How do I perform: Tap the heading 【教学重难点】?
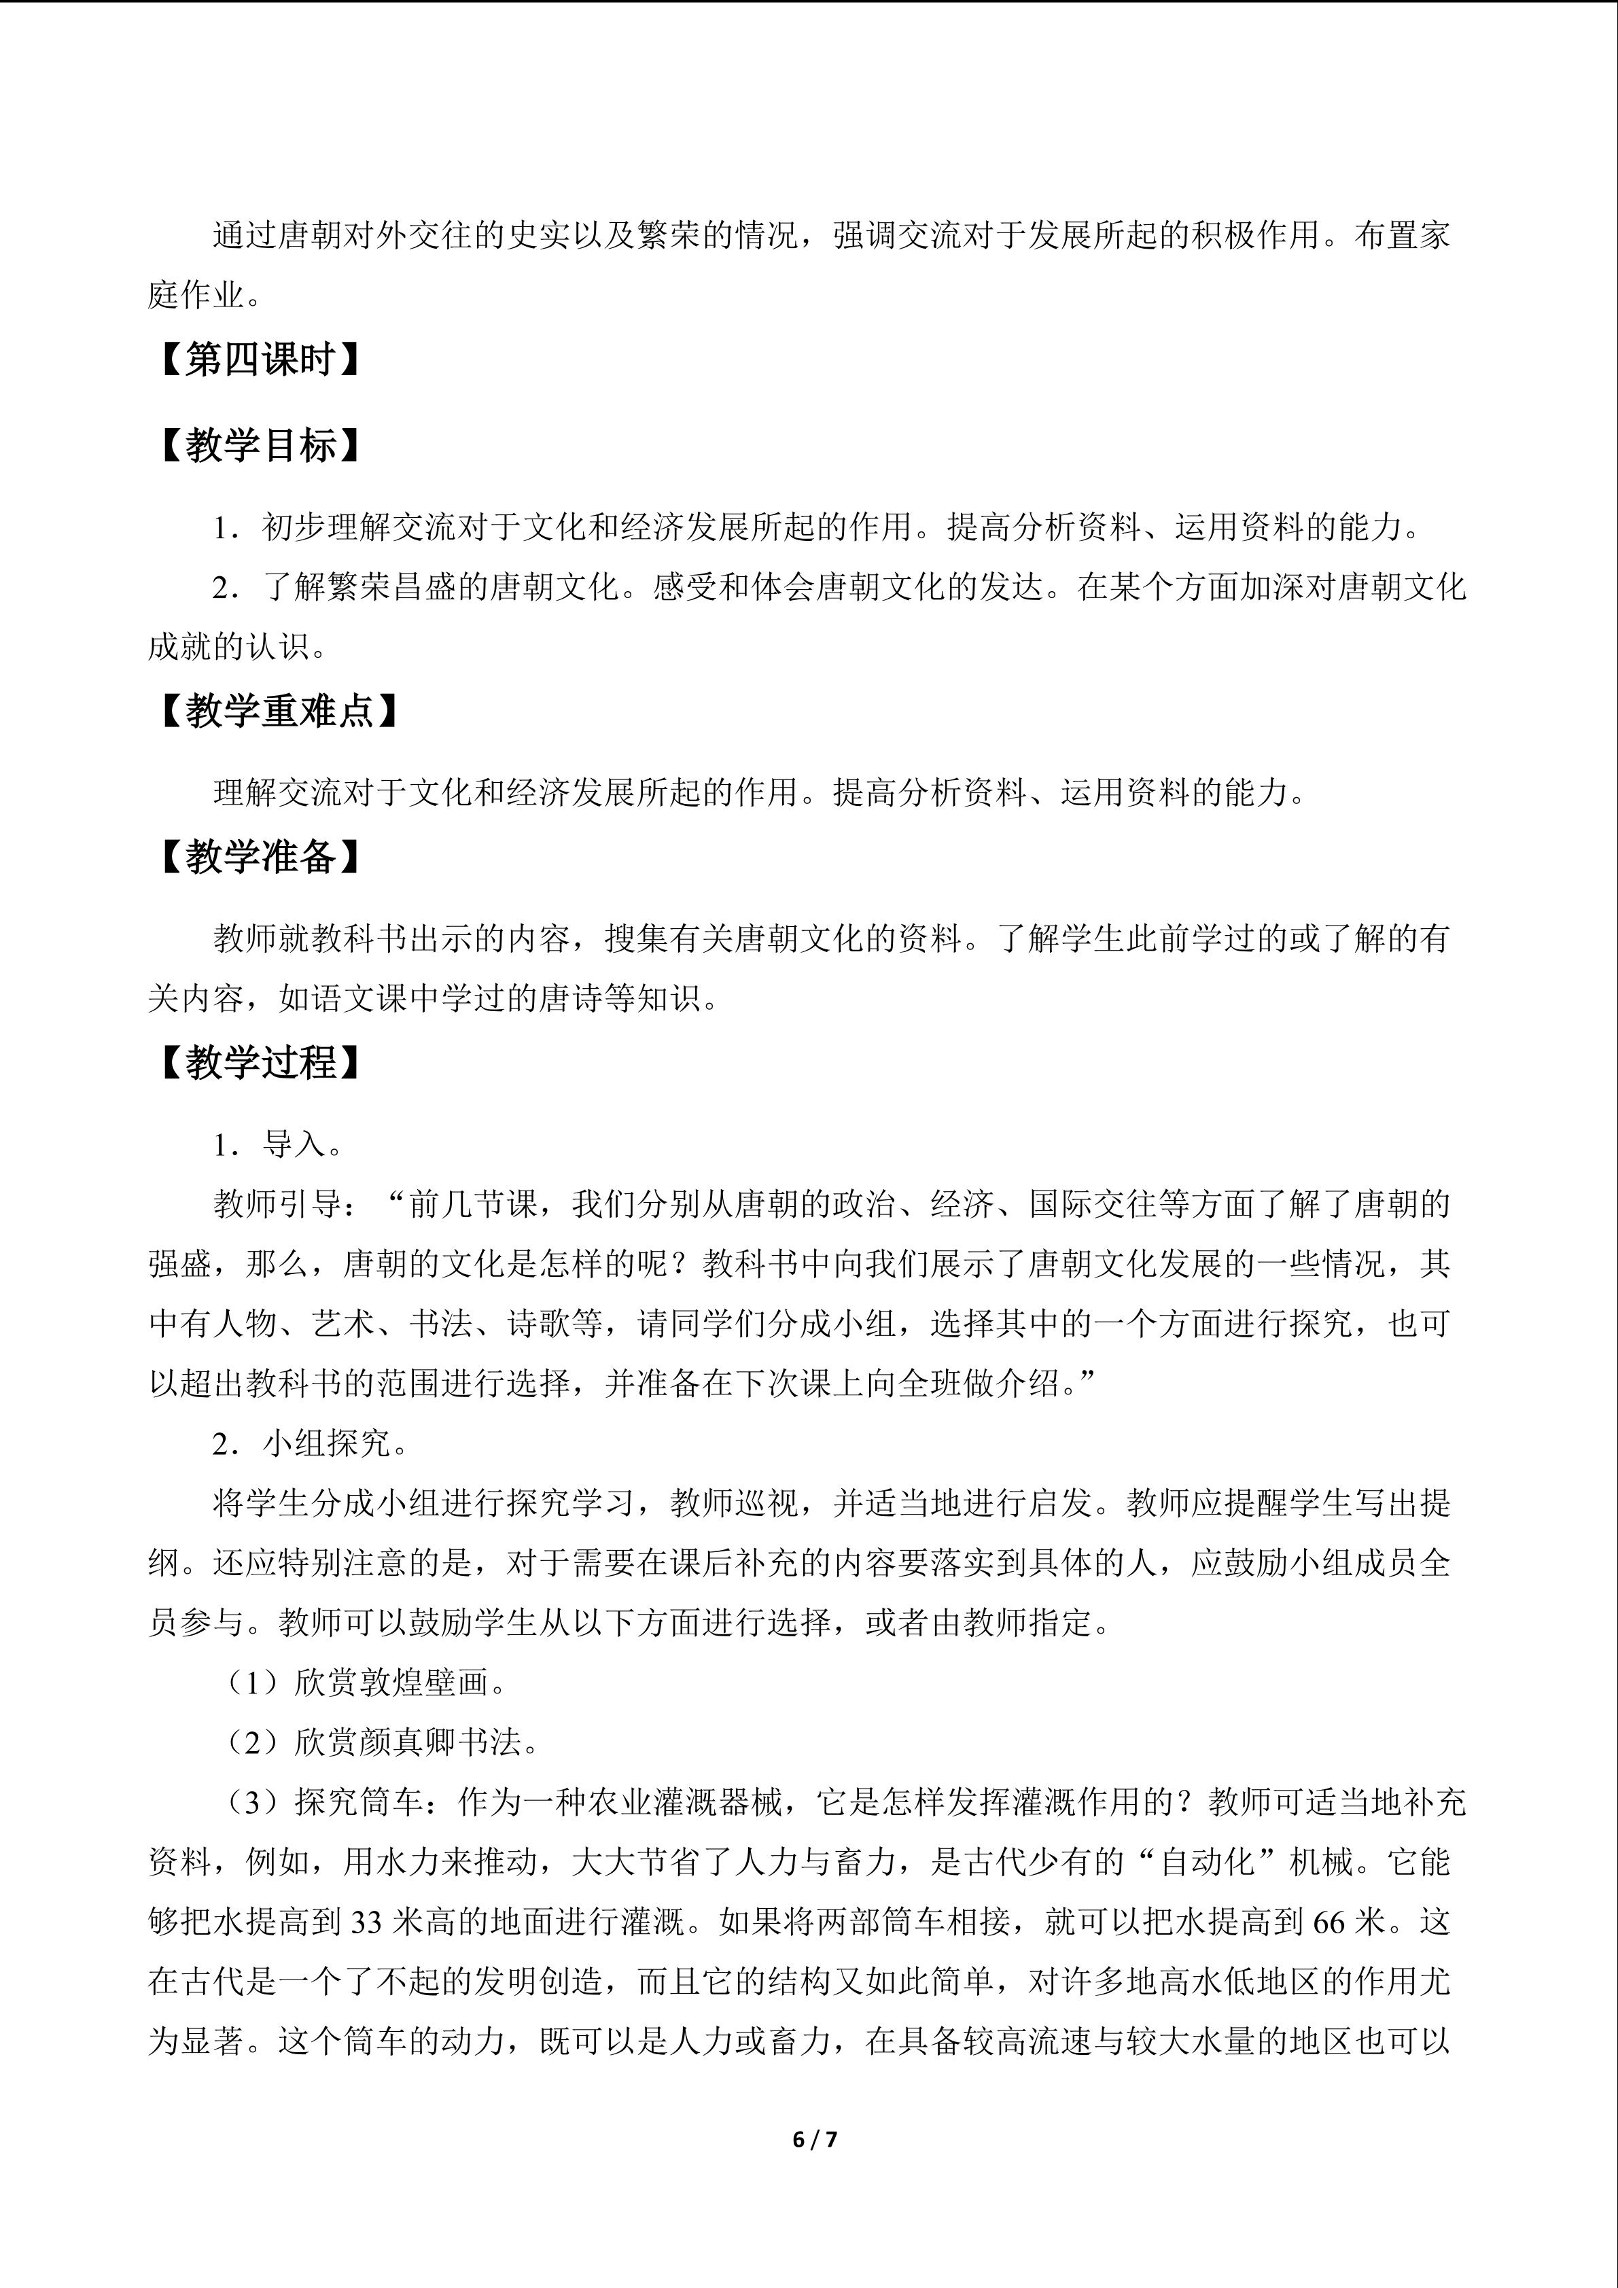pos(278,711)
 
